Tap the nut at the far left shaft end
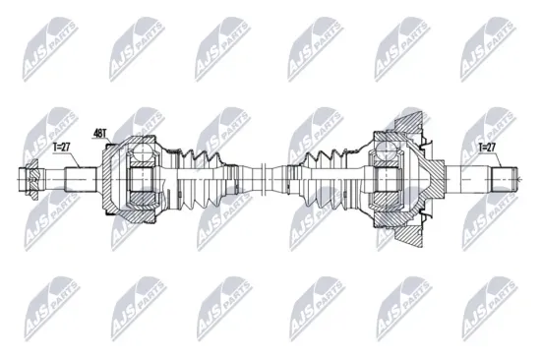click(x=30, y=181)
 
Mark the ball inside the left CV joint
click(x=141, y=153)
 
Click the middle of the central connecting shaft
click(x=266, y=180)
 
